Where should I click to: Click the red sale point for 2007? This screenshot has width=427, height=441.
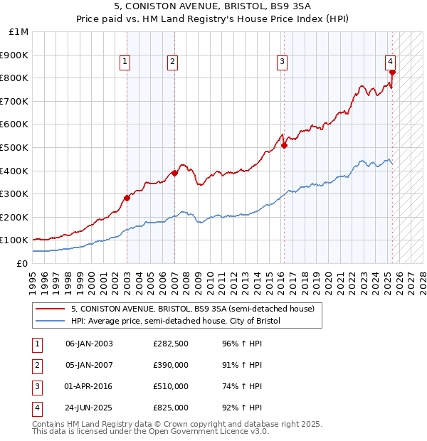point(174,173)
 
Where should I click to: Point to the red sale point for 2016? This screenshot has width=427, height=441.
point(284,145)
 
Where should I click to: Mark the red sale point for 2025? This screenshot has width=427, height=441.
point(392,72)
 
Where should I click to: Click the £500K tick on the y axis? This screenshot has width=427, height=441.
point(16,147)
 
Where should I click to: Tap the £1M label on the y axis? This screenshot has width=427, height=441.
point(19,32)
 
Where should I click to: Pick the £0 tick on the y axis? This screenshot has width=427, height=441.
point(21,263)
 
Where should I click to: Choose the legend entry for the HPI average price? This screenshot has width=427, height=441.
point(176,322)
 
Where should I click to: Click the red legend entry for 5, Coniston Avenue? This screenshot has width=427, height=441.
point(196,309)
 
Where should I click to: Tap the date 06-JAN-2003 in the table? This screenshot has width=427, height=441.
point(89,344)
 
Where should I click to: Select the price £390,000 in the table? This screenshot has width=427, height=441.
point(171,365)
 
